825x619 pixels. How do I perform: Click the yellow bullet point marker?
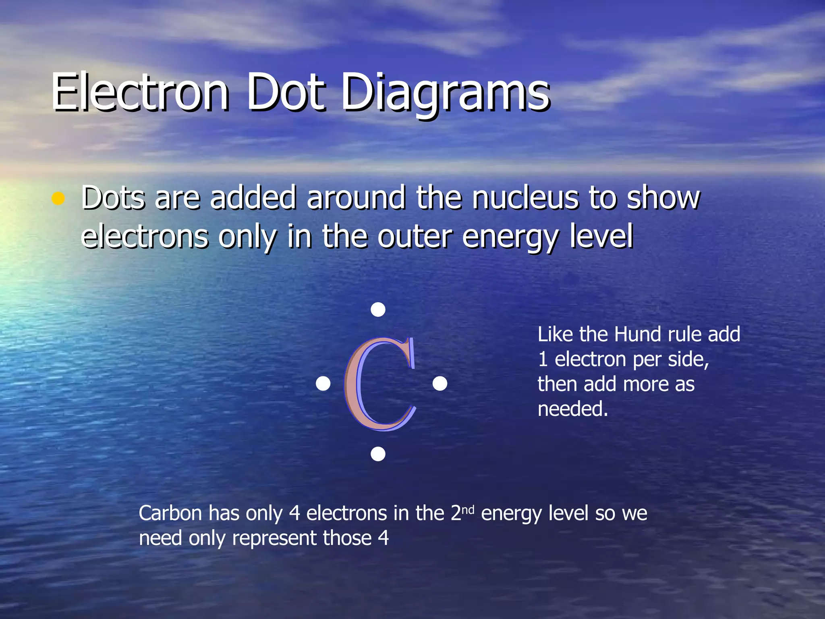pyautogui.click(x=58, y=198)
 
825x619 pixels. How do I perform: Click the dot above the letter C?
pyautogui.click(x=378, y=309)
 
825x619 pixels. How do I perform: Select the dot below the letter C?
pyautogui.click(x=378, y=454)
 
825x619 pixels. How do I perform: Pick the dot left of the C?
pyautogui.click(x=323, y=384)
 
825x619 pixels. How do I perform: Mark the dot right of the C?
pyautogui.click(x=439, y=384)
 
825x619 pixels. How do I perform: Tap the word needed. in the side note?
pyautogui.click(x=572, y=409)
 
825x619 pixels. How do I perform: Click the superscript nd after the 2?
pyautogui.click(x=468, y=510)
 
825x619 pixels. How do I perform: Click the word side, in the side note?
pyautogui.click(x=688, y=359)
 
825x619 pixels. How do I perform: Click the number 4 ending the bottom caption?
pyautogui.click(x=383, y=538)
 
